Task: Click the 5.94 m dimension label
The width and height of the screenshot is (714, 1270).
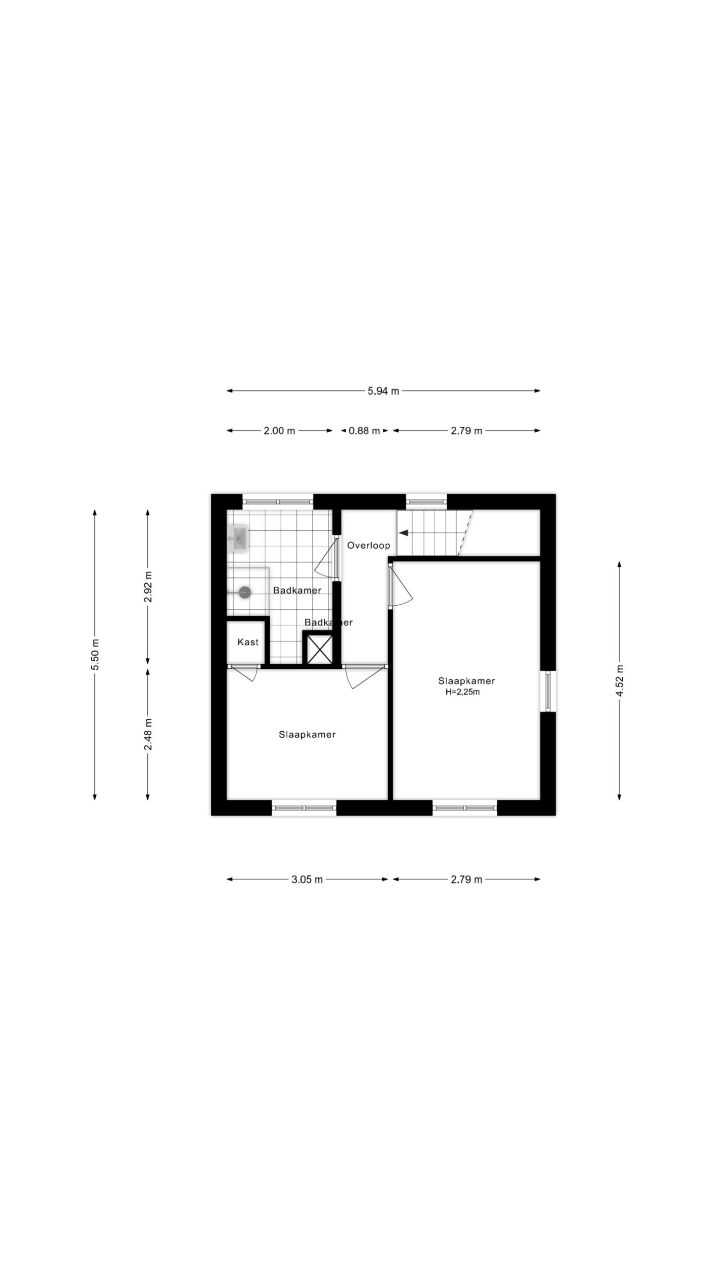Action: (x=383, y=391)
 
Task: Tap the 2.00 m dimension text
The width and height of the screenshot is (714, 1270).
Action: (x=279, y=431)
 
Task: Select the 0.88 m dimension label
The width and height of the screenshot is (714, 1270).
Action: (x=364, y=431)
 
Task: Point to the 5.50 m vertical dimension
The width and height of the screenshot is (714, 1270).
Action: (x=95, y=654)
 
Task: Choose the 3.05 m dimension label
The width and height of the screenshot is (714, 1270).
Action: (x=307, y=880)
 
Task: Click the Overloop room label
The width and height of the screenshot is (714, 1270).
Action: (x=368, y=545)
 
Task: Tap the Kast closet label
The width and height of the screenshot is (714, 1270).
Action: (x=248, y=642)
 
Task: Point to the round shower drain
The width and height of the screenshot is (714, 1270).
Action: (x=245, y=592)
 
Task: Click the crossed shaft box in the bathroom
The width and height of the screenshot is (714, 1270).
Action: (x=319, y=649)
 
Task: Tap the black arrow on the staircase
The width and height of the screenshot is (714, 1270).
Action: (x=404, y=533)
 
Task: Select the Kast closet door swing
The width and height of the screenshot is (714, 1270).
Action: (x=243, y=672)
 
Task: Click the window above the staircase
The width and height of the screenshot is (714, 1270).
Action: (x=426, y=502)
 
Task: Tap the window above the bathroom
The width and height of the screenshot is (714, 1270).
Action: (x=278, y=502)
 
